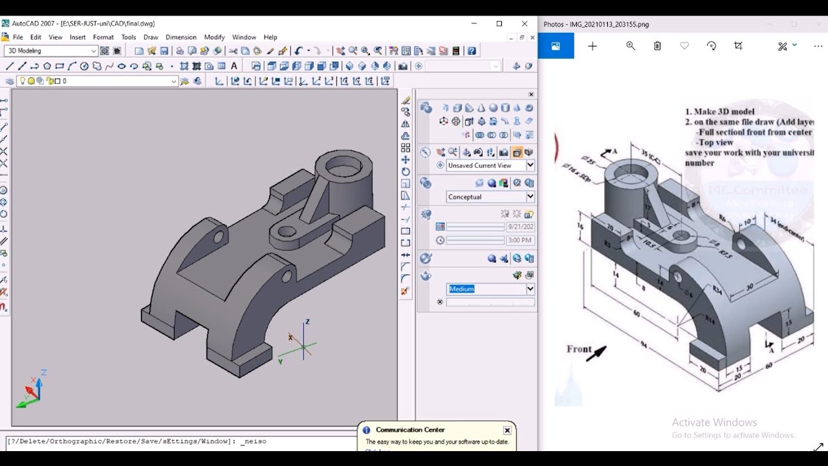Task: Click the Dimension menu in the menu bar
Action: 180,38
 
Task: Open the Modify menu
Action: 214,38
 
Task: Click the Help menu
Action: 270,38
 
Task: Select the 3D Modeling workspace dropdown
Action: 51,51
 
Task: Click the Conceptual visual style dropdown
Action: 490,197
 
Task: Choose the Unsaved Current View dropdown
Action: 490,166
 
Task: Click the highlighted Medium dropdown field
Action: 490,289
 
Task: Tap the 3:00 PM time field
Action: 519,240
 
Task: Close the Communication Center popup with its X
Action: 507,430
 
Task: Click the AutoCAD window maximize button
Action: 499,24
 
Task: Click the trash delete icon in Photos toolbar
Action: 657,46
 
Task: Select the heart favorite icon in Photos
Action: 684,46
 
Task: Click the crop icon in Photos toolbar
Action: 739,46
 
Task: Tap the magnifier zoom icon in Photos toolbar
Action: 631,46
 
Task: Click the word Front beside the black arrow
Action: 579,349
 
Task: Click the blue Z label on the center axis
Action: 307,322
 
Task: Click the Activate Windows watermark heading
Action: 714,423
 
